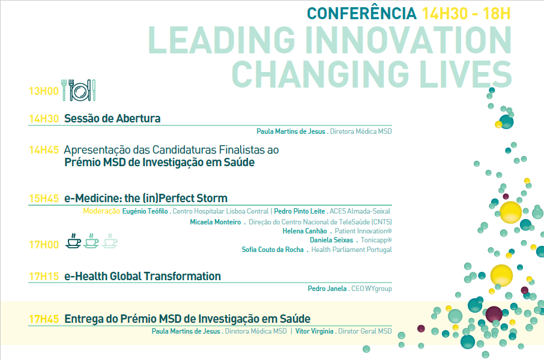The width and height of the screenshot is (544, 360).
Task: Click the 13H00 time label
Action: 44,91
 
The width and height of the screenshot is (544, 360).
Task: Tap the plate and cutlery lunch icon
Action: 79,90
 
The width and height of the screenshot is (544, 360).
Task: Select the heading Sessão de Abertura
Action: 112,119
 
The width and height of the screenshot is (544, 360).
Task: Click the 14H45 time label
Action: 44,150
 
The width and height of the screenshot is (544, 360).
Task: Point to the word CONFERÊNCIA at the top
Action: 361,13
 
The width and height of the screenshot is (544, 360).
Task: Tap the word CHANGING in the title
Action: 321,74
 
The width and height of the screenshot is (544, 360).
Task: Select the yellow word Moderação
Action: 101,211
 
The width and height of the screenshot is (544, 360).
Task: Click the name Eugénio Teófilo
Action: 145,211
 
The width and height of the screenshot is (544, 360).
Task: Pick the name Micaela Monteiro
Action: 216,222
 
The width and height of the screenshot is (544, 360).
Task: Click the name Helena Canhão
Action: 304,231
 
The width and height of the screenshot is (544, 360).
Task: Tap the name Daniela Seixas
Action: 331,240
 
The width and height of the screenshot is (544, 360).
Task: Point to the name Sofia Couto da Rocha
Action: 273,250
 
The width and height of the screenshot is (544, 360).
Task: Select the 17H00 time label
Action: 44,245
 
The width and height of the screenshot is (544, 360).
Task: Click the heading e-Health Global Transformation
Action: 142,277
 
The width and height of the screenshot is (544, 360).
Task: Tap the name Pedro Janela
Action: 327,289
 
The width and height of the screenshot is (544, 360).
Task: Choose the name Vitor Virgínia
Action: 314,331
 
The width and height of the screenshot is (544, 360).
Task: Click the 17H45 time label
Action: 44,319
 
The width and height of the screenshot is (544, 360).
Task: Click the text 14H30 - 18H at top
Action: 466,14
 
